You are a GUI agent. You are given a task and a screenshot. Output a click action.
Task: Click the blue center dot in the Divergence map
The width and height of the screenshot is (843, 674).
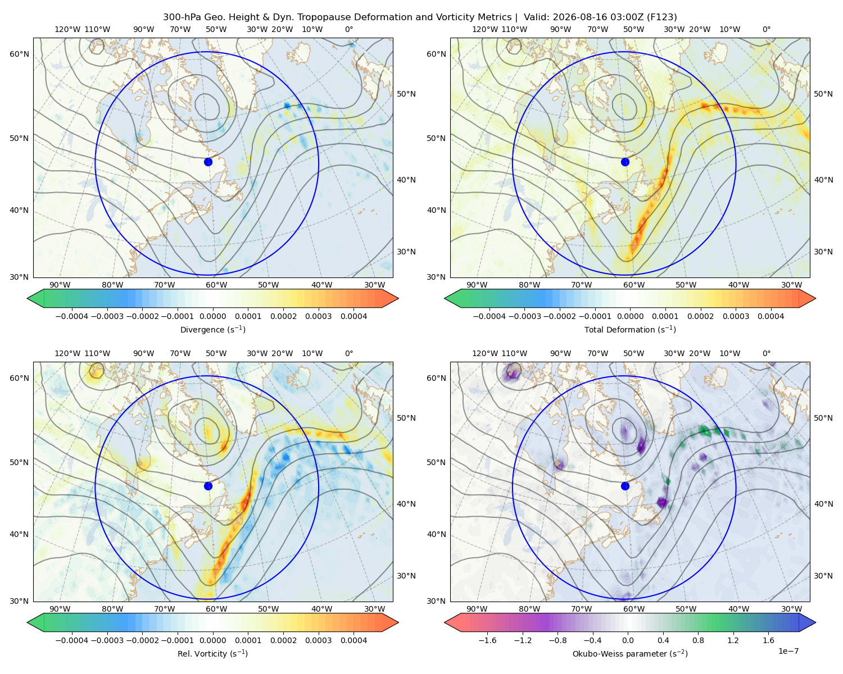[208, 162]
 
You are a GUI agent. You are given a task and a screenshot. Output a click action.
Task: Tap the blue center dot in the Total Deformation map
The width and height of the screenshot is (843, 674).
[625, 162]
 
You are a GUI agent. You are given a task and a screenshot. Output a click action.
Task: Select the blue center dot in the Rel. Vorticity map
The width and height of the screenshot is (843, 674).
[208, 486]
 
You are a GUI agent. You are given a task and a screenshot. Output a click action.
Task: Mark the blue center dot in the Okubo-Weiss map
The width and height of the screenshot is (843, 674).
[625, 486]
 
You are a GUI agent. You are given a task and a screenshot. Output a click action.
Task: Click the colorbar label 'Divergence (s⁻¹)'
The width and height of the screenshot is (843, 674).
[212, 330]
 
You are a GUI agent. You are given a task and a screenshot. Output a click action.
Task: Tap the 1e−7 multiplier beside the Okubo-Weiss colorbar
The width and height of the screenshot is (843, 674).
[788, 651]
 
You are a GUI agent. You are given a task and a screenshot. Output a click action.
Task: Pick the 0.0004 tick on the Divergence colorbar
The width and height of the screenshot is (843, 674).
[353, 316]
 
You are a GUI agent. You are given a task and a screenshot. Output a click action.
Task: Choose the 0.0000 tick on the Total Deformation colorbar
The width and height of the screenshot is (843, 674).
[631, 316]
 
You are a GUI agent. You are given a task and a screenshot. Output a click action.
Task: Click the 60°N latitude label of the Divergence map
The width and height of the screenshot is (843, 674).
[19, 54]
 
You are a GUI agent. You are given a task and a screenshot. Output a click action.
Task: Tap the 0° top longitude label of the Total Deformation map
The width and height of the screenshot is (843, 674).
[767, 29]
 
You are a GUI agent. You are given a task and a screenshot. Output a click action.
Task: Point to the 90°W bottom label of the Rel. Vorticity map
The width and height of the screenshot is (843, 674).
[60, 609]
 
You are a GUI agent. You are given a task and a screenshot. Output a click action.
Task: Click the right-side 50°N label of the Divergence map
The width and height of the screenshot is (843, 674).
[406, 94]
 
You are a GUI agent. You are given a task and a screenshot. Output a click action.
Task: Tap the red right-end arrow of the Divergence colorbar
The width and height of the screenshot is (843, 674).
[390, 298]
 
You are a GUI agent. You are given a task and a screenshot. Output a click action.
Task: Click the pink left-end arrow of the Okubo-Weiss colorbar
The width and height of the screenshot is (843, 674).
[453, 622]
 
